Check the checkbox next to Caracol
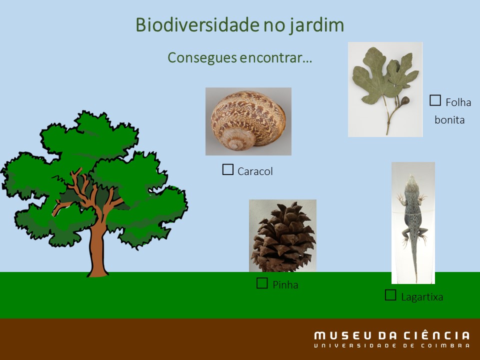point(228,169)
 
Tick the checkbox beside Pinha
point(262,283)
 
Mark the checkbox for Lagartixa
point(390,295)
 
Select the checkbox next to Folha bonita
point(435,100)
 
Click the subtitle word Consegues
point(202,58)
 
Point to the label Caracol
point(255,171)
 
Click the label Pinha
point(285,285)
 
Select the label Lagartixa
point(422,297)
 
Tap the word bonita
point(449,119)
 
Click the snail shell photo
point(248,121)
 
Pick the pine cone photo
point(282,235)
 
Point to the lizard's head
point(411,183)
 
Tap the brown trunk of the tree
point(97,251)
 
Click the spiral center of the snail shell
point(235,143)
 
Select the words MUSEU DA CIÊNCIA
point(391,335)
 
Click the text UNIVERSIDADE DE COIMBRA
point(391,346)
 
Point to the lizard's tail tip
point(416,281)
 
